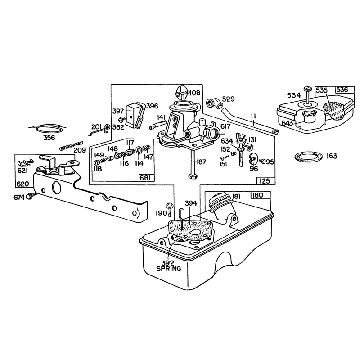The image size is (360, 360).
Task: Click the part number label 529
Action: (229, 99)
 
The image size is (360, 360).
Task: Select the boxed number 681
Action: (147, 178)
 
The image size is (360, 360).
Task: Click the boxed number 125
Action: (265, 181)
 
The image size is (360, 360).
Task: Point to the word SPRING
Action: (168, 268)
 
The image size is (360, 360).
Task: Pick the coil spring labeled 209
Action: (71, 145)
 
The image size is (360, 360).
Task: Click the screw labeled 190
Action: (170, 209)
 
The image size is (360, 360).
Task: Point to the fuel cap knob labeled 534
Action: (307, 89)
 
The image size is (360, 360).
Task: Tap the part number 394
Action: (191, 203)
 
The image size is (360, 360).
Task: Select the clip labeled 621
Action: (26, 162)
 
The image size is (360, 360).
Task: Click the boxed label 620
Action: (23, 184)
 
